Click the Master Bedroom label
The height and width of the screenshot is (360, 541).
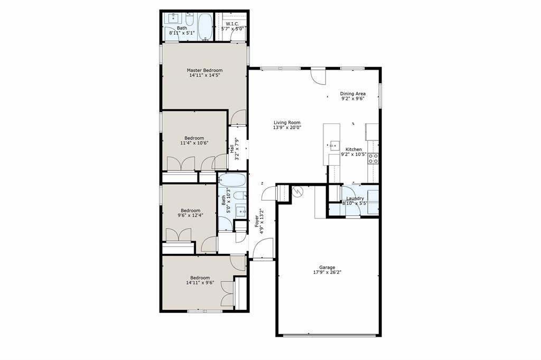[x=204, y=70]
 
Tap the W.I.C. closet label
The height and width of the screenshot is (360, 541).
[x=233, y=24]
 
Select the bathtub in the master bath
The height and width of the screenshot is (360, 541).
[x=205, y=26]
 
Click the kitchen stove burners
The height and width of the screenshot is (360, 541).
[x=373, y=157]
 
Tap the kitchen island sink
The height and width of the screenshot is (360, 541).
[x=334, y=144]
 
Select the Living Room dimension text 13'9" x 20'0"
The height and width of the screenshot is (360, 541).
[x=287, y=128]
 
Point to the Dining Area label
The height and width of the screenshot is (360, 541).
[x=353, y=93]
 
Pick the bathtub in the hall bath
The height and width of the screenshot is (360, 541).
[x=232, y=179]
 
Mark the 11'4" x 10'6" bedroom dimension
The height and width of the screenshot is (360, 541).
[x=194, y=143]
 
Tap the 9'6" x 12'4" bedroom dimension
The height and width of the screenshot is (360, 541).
[x=188, y=215]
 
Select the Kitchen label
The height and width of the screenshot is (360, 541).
[x=353, y=149]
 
